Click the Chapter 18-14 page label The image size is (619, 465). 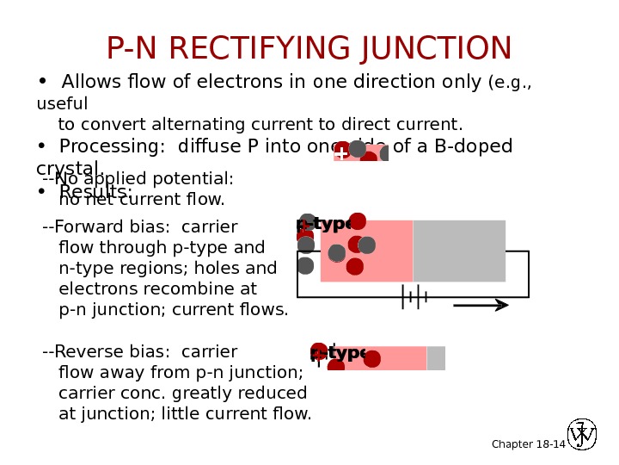point(528,443)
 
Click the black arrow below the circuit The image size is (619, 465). point(481,305)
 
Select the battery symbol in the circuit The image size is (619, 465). point(414,297)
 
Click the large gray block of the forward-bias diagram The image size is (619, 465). point(459,251)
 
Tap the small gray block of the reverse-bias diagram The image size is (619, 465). point(436,358)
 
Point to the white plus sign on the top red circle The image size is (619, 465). point(341,153)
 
